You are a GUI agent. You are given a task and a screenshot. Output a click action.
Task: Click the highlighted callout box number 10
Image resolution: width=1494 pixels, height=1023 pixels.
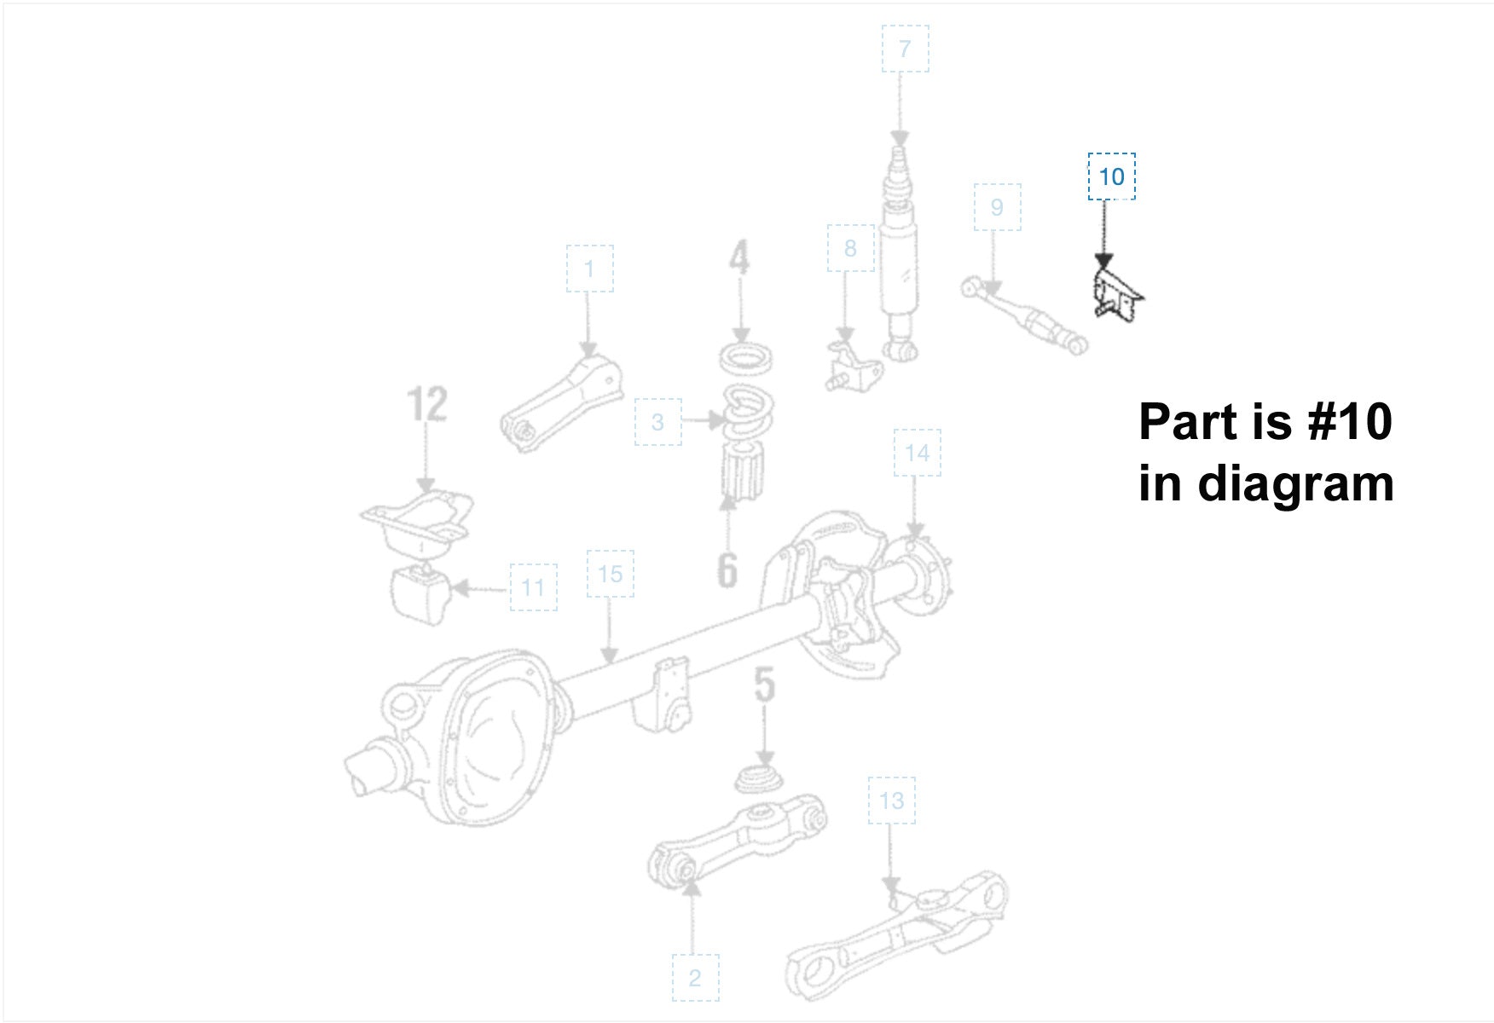click(x=1111, y=176)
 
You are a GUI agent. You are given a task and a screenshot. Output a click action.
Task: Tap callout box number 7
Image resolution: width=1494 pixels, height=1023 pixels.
click(x=905, y=49)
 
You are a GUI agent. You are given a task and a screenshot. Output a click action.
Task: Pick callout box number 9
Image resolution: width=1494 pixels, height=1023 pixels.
click(x=997, y=206)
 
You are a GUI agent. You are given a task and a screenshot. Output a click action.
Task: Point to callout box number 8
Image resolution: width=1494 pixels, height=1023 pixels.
click(x=850, y=248)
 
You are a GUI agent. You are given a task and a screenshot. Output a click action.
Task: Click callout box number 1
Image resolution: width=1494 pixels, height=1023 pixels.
click(x=589, y=269)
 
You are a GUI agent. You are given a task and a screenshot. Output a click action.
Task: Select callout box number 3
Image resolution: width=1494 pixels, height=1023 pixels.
click(x=657, y=421)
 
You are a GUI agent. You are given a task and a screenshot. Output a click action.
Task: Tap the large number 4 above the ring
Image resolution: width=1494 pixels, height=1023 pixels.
click(x=739, y=257)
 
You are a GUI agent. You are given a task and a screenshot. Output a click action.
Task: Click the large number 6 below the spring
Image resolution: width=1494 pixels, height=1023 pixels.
click(x=727, y=569)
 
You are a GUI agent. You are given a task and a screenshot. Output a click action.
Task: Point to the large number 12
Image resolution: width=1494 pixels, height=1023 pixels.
click(x=427, y=404)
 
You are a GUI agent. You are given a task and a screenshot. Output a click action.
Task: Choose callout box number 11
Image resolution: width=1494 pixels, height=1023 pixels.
click(x=533, y=587)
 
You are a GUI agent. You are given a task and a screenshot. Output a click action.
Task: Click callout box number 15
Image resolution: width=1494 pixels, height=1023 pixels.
click(x=610, y=574)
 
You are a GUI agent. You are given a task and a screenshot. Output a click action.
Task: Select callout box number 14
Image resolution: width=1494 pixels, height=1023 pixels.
click(x=917, y=453)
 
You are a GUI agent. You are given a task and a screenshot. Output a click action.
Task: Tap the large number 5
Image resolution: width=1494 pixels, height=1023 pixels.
click(x=765, y=685)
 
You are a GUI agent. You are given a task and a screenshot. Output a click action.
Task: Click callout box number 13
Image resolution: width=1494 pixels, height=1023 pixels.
click(x=891, y=800)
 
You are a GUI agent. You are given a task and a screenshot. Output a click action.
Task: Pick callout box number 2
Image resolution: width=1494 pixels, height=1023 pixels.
click(x=695, y=978)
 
